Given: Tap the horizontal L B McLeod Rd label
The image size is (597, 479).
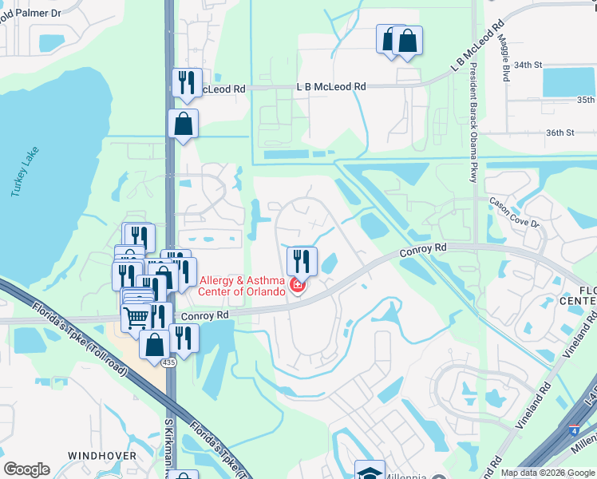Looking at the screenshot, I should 330,86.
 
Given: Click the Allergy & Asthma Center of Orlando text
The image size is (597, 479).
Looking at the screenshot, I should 243,286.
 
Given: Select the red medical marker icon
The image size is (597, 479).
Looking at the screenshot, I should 298,285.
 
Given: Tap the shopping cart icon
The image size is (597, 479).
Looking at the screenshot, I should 136,317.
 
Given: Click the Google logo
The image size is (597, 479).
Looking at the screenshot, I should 26,469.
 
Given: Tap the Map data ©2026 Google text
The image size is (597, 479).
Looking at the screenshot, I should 547,473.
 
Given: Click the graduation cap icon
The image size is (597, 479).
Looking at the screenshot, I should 370,471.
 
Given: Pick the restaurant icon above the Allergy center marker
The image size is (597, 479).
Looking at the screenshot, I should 302,259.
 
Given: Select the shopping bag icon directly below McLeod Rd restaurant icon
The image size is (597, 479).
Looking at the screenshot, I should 183,124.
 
